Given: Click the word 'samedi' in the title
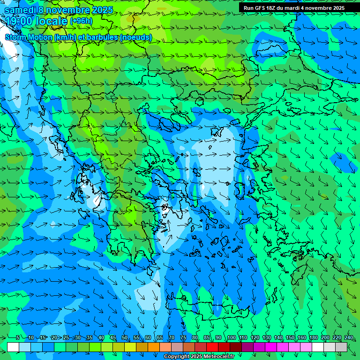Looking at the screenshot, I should [x=20, y=9].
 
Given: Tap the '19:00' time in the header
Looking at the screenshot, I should [x=20, y=21].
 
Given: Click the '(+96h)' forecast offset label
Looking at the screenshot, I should [x=81, y=21].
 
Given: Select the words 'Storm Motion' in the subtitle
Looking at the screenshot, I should [x=29, y=37].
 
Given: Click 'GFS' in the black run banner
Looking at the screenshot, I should [x=262, y=8].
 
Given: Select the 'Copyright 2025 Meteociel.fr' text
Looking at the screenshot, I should [x=199, y=357].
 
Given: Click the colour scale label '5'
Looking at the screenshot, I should [x=18, y=337].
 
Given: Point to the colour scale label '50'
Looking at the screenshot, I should [x=125, y=337].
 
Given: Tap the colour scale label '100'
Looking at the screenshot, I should [x=231, y=337].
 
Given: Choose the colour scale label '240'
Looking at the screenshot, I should [x=349, y=337].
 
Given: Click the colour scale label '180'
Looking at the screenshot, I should [x=313, y=337].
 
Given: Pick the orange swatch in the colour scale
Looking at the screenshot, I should [x=154, y=347].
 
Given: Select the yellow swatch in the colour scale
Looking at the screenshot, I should [x=130, y=347].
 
